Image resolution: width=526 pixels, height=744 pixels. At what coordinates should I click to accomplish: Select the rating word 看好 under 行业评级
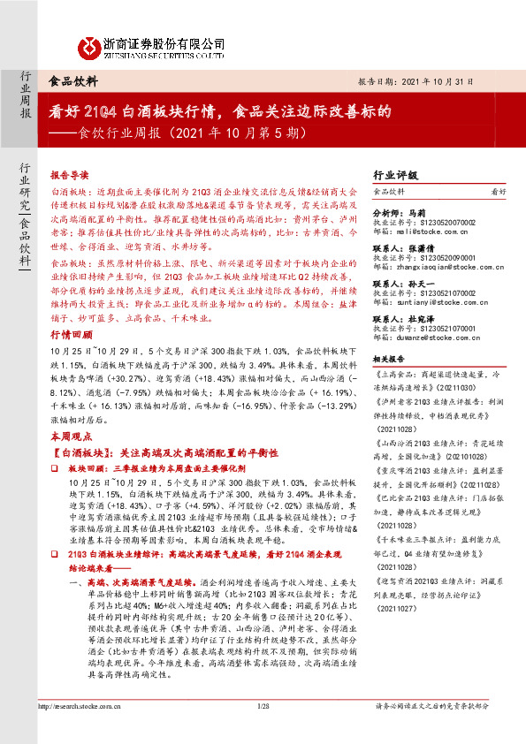click(498, 191)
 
